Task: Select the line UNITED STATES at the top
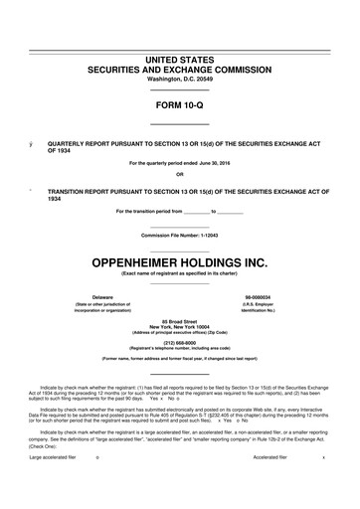(180, 60)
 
